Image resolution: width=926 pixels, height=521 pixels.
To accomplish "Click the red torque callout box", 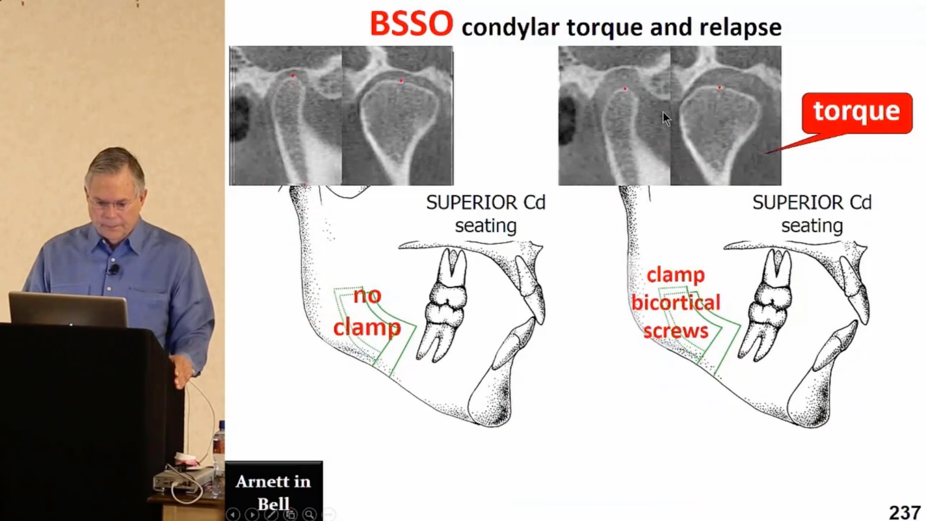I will click(857, 113).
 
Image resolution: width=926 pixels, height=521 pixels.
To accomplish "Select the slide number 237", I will click(904, 512).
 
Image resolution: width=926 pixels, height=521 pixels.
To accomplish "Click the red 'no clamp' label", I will click(367, 312).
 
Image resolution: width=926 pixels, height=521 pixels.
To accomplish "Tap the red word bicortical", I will click(676, 303).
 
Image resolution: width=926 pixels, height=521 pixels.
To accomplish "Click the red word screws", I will click(676, 331).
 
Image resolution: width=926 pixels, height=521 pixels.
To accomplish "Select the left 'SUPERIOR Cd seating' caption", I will click(486, 214).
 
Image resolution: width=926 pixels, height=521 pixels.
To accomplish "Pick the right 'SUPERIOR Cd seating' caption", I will click(812, 214).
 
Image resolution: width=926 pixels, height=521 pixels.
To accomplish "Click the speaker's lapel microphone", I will click(113, 270).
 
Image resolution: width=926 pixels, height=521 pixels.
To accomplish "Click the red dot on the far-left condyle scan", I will click(293, 76).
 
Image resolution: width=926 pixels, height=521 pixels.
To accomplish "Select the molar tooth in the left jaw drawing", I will click(445, 303).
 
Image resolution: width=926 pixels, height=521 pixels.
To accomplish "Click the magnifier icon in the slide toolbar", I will click(309, 514).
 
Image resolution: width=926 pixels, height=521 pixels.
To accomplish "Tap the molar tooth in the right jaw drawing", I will click(769, 303).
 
